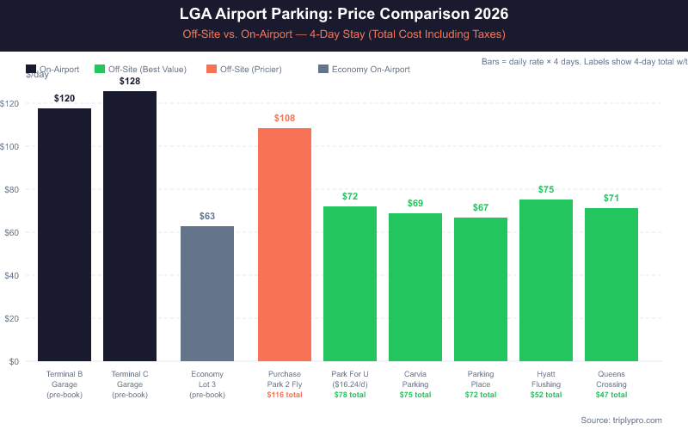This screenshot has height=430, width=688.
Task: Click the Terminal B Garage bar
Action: (64, 234)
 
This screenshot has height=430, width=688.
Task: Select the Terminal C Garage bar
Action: (130, 225)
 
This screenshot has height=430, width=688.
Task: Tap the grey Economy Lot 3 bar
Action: (207, 293)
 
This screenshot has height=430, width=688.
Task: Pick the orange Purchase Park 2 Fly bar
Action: (285, 244)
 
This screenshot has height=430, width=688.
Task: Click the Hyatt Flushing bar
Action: (546, 280)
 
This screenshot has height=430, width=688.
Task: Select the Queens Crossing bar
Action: (611, 285)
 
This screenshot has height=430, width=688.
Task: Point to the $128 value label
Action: (130, 81)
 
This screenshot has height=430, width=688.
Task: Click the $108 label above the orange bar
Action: (285, 117)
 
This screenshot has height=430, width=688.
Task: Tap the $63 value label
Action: (207, 216)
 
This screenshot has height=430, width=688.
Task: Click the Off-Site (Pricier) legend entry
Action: (250, 69)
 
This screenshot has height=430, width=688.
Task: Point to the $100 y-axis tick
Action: (9, 146)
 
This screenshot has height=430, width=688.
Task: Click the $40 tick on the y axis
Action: (11, 275)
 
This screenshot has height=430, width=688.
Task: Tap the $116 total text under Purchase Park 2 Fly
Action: (285, 395)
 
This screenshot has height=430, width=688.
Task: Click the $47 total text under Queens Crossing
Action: (611, 395)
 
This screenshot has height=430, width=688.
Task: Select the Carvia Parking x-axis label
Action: (415, 379)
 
